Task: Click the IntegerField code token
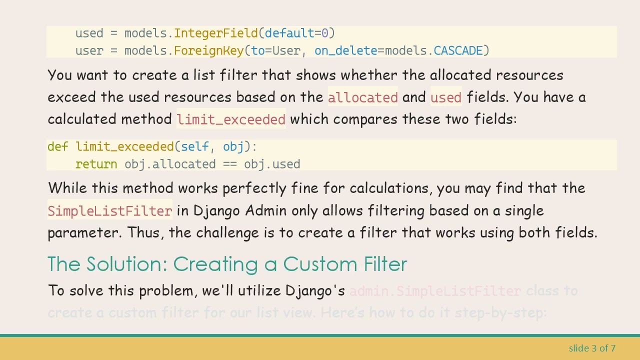216,33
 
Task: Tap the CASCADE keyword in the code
458,51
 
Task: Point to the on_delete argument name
345,51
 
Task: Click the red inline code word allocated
362,97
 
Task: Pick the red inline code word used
445,97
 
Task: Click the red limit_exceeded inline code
231,120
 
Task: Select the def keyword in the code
57,147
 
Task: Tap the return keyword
96,164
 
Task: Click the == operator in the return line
230,164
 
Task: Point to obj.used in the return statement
272,164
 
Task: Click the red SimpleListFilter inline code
109,211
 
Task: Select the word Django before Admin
216,211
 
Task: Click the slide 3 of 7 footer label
591,348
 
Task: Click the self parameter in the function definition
194,147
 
